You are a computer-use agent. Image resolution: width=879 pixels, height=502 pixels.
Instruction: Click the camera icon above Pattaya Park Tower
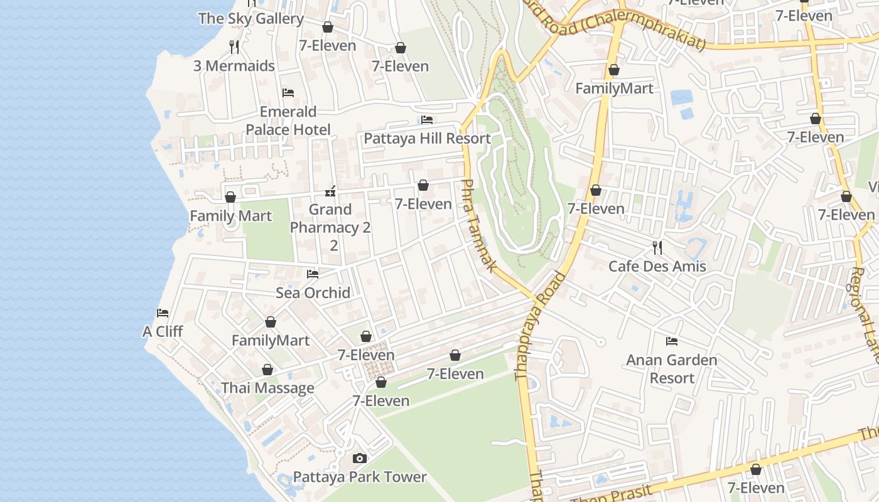point(360,459)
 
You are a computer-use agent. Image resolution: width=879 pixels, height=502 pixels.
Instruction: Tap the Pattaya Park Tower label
point(360,477)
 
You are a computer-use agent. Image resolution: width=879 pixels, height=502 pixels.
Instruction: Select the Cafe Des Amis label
point(657,266)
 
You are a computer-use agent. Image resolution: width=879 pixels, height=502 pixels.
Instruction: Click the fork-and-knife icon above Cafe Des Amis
point(657,248)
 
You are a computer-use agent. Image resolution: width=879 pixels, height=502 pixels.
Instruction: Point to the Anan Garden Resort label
point(671,369)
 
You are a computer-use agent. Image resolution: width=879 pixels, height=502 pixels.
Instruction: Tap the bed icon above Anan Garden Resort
point(671,341)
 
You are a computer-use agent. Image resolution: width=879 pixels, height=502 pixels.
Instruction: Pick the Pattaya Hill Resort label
point(427,138)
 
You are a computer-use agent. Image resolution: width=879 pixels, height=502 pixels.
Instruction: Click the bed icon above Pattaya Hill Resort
point(427,120)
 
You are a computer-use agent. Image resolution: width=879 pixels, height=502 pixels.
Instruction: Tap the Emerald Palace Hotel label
point(288,120)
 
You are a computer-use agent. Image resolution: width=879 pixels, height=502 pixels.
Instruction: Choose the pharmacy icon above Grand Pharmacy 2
point(330,191)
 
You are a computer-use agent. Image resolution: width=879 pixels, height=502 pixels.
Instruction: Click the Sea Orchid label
point(313,292)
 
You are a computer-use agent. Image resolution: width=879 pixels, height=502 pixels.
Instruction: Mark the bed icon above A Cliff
point(163,312)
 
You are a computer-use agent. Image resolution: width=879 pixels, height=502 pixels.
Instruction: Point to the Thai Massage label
point(267,388)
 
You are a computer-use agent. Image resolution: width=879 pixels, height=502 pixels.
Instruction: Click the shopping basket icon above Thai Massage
point(267,370)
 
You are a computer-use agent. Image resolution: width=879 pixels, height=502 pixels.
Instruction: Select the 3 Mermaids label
point(234,65)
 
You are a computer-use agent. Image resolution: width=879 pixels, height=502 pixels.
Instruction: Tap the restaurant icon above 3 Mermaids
point(234,46)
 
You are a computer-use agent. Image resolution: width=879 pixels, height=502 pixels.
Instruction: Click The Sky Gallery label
point(251,19)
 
